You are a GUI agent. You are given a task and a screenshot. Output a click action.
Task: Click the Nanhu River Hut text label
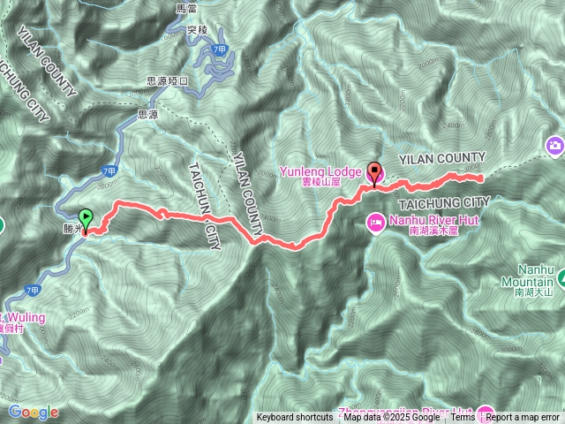(422, 217)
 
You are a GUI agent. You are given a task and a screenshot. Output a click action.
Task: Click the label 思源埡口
(167, 80)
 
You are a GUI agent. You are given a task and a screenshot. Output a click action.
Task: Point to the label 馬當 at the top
(186, 8)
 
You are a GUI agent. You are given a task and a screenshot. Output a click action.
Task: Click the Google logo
(34, 412)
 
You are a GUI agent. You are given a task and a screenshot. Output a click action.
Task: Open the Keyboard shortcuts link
(295, 418)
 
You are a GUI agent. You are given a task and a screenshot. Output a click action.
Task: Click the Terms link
(463, 418)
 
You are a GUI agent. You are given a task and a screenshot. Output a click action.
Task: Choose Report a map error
(523, 418)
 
